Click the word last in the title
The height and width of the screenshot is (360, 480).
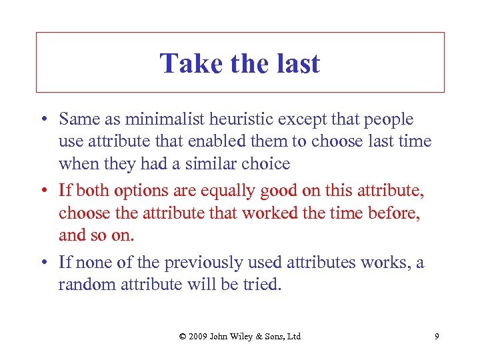pyautogui.click(x=296, y=64)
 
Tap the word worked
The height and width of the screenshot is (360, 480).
pyautogui.click(x=269, y=213)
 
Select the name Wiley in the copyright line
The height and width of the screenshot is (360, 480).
pyautogui.click(x=247, y=336)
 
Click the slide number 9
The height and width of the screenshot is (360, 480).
pyautogui.click(x=437, y=336)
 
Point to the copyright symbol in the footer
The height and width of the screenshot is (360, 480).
pyautogui.click(x=183, y=336)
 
